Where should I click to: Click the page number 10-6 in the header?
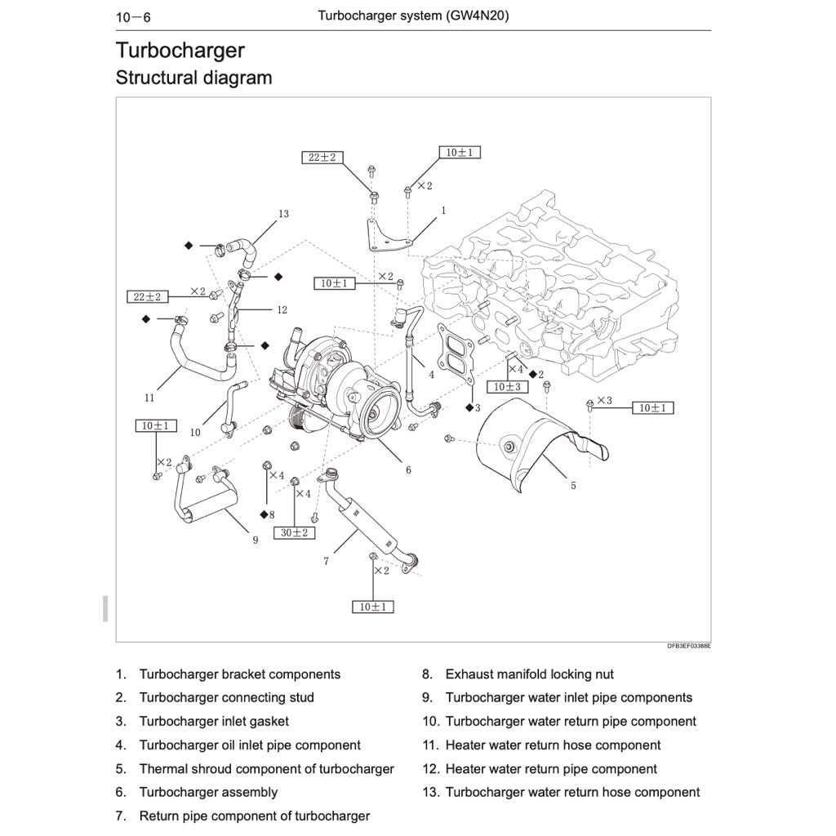click(134, 16)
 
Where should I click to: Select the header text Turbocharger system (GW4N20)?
click(413, 16)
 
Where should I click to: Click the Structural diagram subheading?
click(193, 78)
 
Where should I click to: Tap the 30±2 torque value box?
click(294, 532)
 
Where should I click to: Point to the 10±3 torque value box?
click(507, 386)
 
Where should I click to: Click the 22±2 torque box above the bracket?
click(322, 157)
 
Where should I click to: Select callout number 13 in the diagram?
click(283, 214)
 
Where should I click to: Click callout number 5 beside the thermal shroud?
click(573, 486)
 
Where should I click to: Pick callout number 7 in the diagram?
click(326, 561)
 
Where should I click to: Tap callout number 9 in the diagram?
click(255, 540)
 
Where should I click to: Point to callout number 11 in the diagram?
click(149, 398)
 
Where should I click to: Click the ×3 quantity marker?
click(603, 400)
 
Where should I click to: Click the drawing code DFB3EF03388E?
click(688, 646)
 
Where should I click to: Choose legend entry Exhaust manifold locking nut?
click(529, 674)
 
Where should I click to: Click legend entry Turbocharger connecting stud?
click(226, 697)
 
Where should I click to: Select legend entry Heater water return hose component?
click(553, 745)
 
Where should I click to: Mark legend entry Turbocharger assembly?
click(208, 792)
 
